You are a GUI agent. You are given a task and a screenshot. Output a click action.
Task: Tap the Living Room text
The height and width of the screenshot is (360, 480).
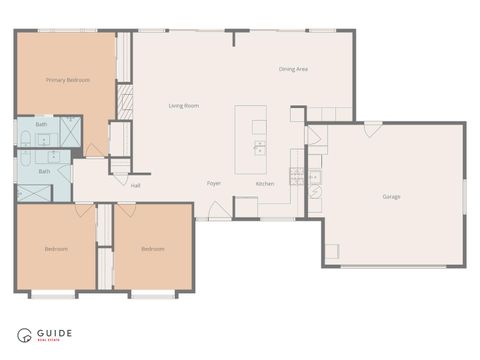pyautogui.click(x=183, y=105)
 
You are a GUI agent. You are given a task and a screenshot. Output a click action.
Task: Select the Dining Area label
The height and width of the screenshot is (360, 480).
pyautogui.click(x=293, y=69)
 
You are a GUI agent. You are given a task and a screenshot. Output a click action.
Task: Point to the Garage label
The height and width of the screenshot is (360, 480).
pyautogui.click(x=391, y=196)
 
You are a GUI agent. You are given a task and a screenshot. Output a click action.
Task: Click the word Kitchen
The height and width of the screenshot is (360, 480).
pyautogui.click(x=265, y=184)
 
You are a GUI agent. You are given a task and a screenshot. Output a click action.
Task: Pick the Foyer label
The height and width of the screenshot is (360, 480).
pyautogui.click(x=214, y=184)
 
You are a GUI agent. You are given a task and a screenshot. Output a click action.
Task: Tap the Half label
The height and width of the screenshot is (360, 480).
pyautogui.click(x=135, y=184)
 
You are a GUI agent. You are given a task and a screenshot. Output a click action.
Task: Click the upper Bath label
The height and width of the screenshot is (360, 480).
pyautogui.click(x=41, y=124)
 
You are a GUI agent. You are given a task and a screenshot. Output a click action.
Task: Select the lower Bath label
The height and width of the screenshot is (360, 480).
pyautogui.click(x=44, y=171)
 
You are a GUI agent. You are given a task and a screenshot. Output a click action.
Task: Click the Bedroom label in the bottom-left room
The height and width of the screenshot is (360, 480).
pyautogui.click(x=55, y=248)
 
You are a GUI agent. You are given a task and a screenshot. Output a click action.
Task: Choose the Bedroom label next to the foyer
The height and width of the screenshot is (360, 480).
pyautogui.click(x=152, y=248)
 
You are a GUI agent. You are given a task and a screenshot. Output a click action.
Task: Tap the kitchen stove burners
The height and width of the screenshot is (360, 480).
pyautogui.click(x=297, y=176)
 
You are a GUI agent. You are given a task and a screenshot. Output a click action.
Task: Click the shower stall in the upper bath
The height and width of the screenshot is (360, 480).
pyautogui.click(x=69, y=131)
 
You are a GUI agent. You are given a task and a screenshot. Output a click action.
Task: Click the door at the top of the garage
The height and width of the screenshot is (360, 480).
pyautogui.click(x=372, y=130)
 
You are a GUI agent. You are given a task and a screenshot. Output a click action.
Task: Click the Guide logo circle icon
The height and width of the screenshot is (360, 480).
pyautogui.click(x=24, y=336)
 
